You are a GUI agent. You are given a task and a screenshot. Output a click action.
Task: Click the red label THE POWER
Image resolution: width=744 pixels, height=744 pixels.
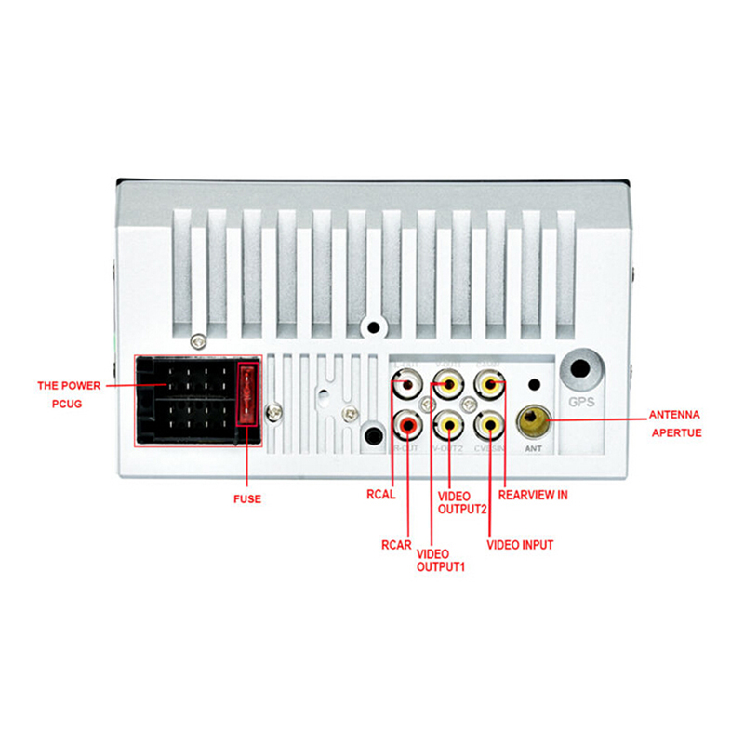(67, 384)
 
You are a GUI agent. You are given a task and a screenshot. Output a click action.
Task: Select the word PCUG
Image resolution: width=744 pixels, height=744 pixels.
(66, 405)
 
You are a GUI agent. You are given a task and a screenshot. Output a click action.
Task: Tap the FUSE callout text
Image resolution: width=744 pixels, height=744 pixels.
(246, 499)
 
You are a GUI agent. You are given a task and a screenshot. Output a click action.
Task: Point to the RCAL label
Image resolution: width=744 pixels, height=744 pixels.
(381, 495)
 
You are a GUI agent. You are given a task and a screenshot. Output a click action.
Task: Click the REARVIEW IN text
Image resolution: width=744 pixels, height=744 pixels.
(533, 495)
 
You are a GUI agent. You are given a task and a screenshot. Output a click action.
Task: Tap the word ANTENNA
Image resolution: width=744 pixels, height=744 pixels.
(672, 414)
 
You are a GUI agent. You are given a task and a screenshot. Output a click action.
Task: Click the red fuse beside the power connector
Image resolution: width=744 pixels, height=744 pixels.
(247, 394)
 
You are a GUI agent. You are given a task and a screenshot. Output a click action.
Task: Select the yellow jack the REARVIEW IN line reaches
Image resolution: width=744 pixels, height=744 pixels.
(489, 383)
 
